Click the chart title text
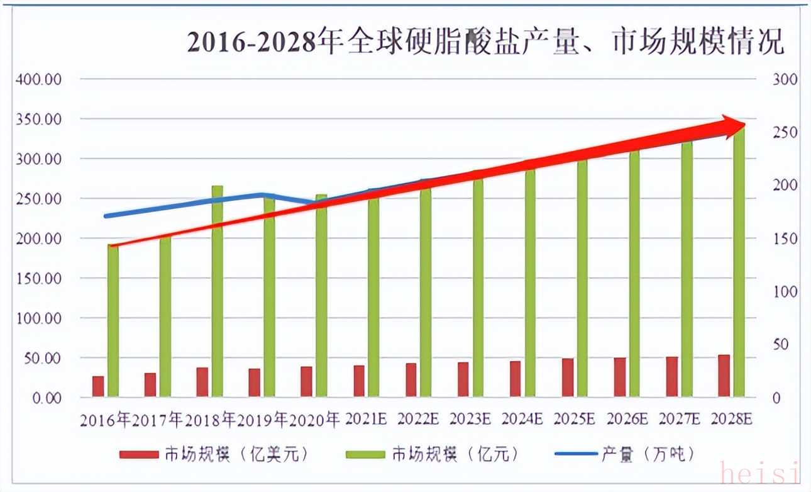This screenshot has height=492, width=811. point(485,42)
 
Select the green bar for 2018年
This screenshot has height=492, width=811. point(217,291)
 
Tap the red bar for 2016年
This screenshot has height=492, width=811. point(98,386)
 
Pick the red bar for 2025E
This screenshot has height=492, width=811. point(568,377)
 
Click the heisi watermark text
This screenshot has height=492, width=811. point(759,472)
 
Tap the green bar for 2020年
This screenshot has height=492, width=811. point(321,296)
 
